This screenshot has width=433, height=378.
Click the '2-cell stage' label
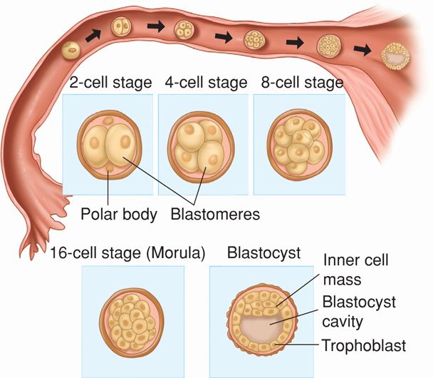point(110,83)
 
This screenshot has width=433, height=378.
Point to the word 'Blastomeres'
point(214,213)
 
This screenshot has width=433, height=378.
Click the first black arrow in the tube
point(93,33)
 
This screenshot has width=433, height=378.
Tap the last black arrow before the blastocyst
point(363,49)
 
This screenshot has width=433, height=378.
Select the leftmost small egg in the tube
point(71,50)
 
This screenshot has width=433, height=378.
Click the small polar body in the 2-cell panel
point(108,168)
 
